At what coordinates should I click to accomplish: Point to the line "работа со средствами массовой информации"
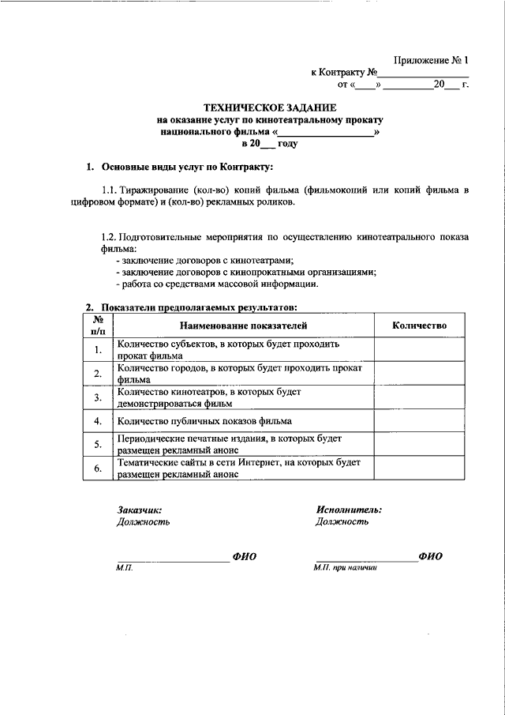pyautogui.click(x=217, y=284)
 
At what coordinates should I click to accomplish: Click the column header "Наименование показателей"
pyautogui.click(x=243, y=325)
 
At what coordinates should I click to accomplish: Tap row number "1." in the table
pyautogui.click(x=98, y=350)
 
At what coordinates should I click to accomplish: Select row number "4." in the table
pyautogui.click(x=98, y=421)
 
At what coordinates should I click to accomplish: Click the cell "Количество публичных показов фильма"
pyautogui.click(x=204, y=421)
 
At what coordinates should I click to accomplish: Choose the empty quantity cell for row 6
pyautogui.click(x=419, y=468)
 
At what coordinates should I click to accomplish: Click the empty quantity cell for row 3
pyautogui.click(x=419, y=397)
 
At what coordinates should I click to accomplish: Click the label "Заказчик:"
pyautogui.click(x=139, y=510)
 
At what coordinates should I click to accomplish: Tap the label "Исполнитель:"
pyautogui.click(x=349, y=510)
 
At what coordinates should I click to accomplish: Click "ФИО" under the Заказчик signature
pyautogui.click(x=245, y=557)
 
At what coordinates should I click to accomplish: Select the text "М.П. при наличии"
pyautogui.click(x=346, y=567)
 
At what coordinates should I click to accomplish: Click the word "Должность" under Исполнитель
pyautogui.click(x=342, y=521)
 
